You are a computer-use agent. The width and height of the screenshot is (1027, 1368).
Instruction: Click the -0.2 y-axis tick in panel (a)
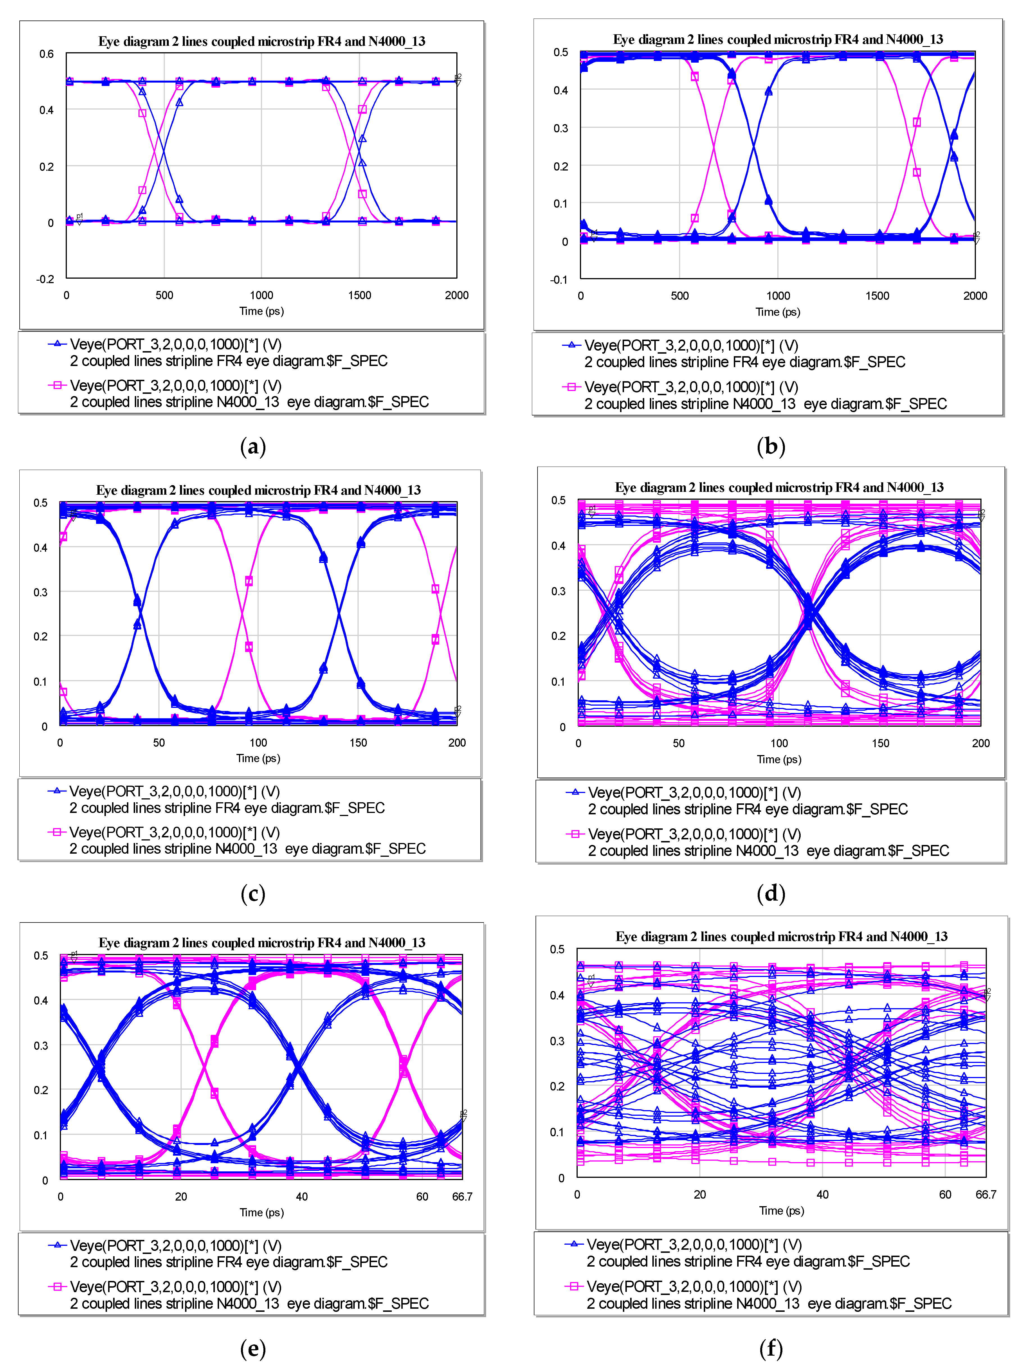[x=45, y=279]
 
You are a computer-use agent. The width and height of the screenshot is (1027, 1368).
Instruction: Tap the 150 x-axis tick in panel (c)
[x=358, y=743]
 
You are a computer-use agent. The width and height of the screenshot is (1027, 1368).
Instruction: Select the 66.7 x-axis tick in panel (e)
[x=462, y=1197]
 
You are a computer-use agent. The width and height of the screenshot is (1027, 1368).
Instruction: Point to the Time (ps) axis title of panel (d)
[x=778, y=760]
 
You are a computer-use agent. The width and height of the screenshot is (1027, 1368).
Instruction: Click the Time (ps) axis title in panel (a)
[x=261, y=311]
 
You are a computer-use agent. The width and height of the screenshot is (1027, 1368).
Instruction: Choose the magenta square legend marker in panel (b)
[x=571, y=387]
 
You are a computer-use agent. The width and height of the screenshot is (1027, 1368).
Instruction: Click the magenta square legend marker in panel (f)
[x=574, y=1286]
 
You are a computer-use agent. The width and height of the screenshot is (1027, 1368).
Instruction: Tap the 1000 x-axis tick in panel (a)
[x=261, y=295]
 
